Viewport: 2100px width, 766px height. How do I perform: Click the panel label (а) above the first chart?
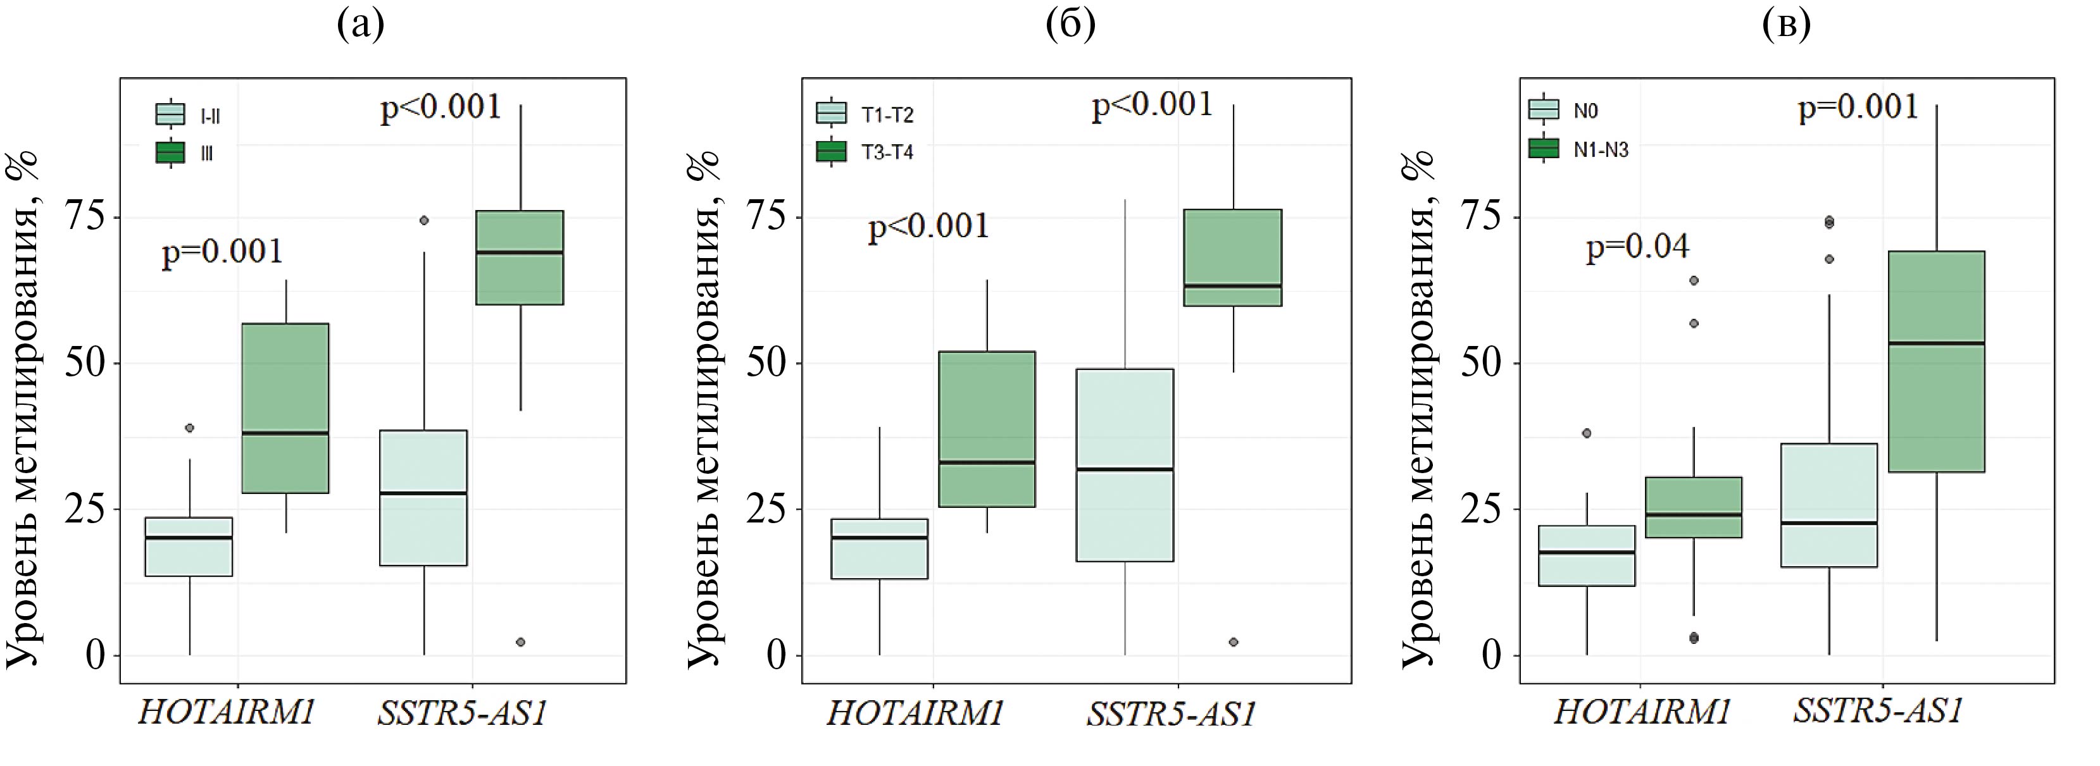pos(360,25)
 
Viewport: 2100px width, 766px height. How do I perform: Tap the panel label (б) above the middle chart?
pos(1070,25)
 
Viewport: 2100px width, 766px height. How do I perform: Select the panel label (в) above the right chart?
pos(1786,25)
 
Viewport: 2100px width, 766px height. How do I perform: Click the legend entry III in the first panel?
pos(206,153)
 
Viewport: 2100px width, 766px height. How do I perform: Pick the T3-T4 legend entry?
pos(887,152)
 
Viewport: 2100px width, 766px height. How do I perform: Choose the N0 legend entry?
pos(1585,111)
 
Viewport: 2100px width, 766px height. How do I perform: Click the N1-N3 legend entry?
pos(1600,150)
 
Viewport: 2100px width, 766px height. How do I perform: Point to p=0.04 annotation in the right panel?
pos(1637,246)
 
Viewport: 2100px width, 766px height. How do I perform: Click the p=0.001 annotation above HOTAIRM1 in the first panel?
pos(223,251)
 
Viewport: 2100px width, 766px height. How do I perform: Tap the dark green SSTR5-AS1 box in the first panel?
pos(519,257)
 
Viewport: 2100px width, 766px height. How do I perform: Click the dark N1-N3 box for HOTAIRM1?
pos(1693,507)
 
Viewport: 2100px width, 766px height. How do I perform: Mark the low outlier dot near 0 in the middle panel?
pos(1234,642)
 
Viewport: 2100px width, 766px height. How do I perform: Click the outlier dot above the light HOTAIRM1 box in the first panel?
pos(189,428)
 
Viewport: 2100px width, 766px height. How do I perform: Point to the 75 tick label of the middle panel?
pos(765,218)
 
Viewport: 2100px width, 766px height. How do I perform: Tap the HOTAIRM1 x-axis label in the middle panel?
pos(915,713)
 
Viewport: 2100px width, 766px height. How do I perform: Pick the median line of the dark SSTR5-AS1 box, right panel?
pos(1936,343)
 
